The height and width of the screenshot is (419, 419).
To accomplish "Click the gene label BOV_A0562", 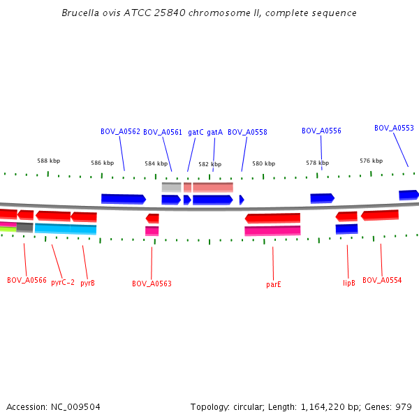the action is (120, 131).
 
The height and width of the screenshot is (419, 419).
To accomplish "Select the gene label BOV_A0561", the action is (163, 132).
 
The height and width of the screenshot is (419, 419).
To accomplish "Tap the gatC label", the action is (196, 132).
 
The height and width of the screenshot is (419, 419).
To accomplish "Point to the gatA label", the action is (214, 132).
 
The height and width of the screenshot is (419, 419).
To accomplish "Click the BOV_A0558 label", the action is (247, 132).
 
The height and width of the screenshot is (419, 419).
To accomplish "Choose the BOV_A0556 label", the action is (321, 131).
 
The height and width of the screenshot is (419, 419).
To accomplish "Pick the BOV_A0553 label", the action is (394, 128).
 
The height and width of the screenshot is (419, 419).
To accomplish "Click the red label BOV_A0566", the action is (27, 281).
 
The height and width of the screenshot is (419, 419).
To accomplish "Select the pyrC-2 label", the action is (63, 283).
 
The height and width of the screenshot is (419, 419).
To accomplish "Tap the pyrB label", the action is (87, 283).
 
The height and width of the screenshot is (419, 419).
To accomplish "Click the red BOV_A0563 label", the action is (152, 284).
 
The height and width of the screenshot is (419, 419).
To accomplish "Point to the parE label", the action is (274, 284).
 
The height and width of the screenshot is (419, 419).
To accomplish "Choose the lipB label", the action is (349, 283).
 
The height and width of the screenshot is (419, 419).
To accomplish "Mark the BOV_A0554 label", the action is (382, 280).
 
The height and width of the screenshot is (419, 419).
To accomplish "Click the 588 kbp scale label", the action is (48, 160).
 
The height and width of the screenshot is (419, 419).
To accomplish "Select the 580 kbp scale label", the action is (263, 163).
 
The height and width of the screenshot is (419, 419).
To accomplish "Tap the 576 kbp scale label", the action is (371, 161).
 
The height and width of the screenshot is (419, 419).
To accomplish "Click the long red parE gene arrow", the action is (272, 218).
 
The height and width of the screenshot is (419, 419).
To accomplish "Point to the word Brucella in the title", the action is (80, 13).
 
